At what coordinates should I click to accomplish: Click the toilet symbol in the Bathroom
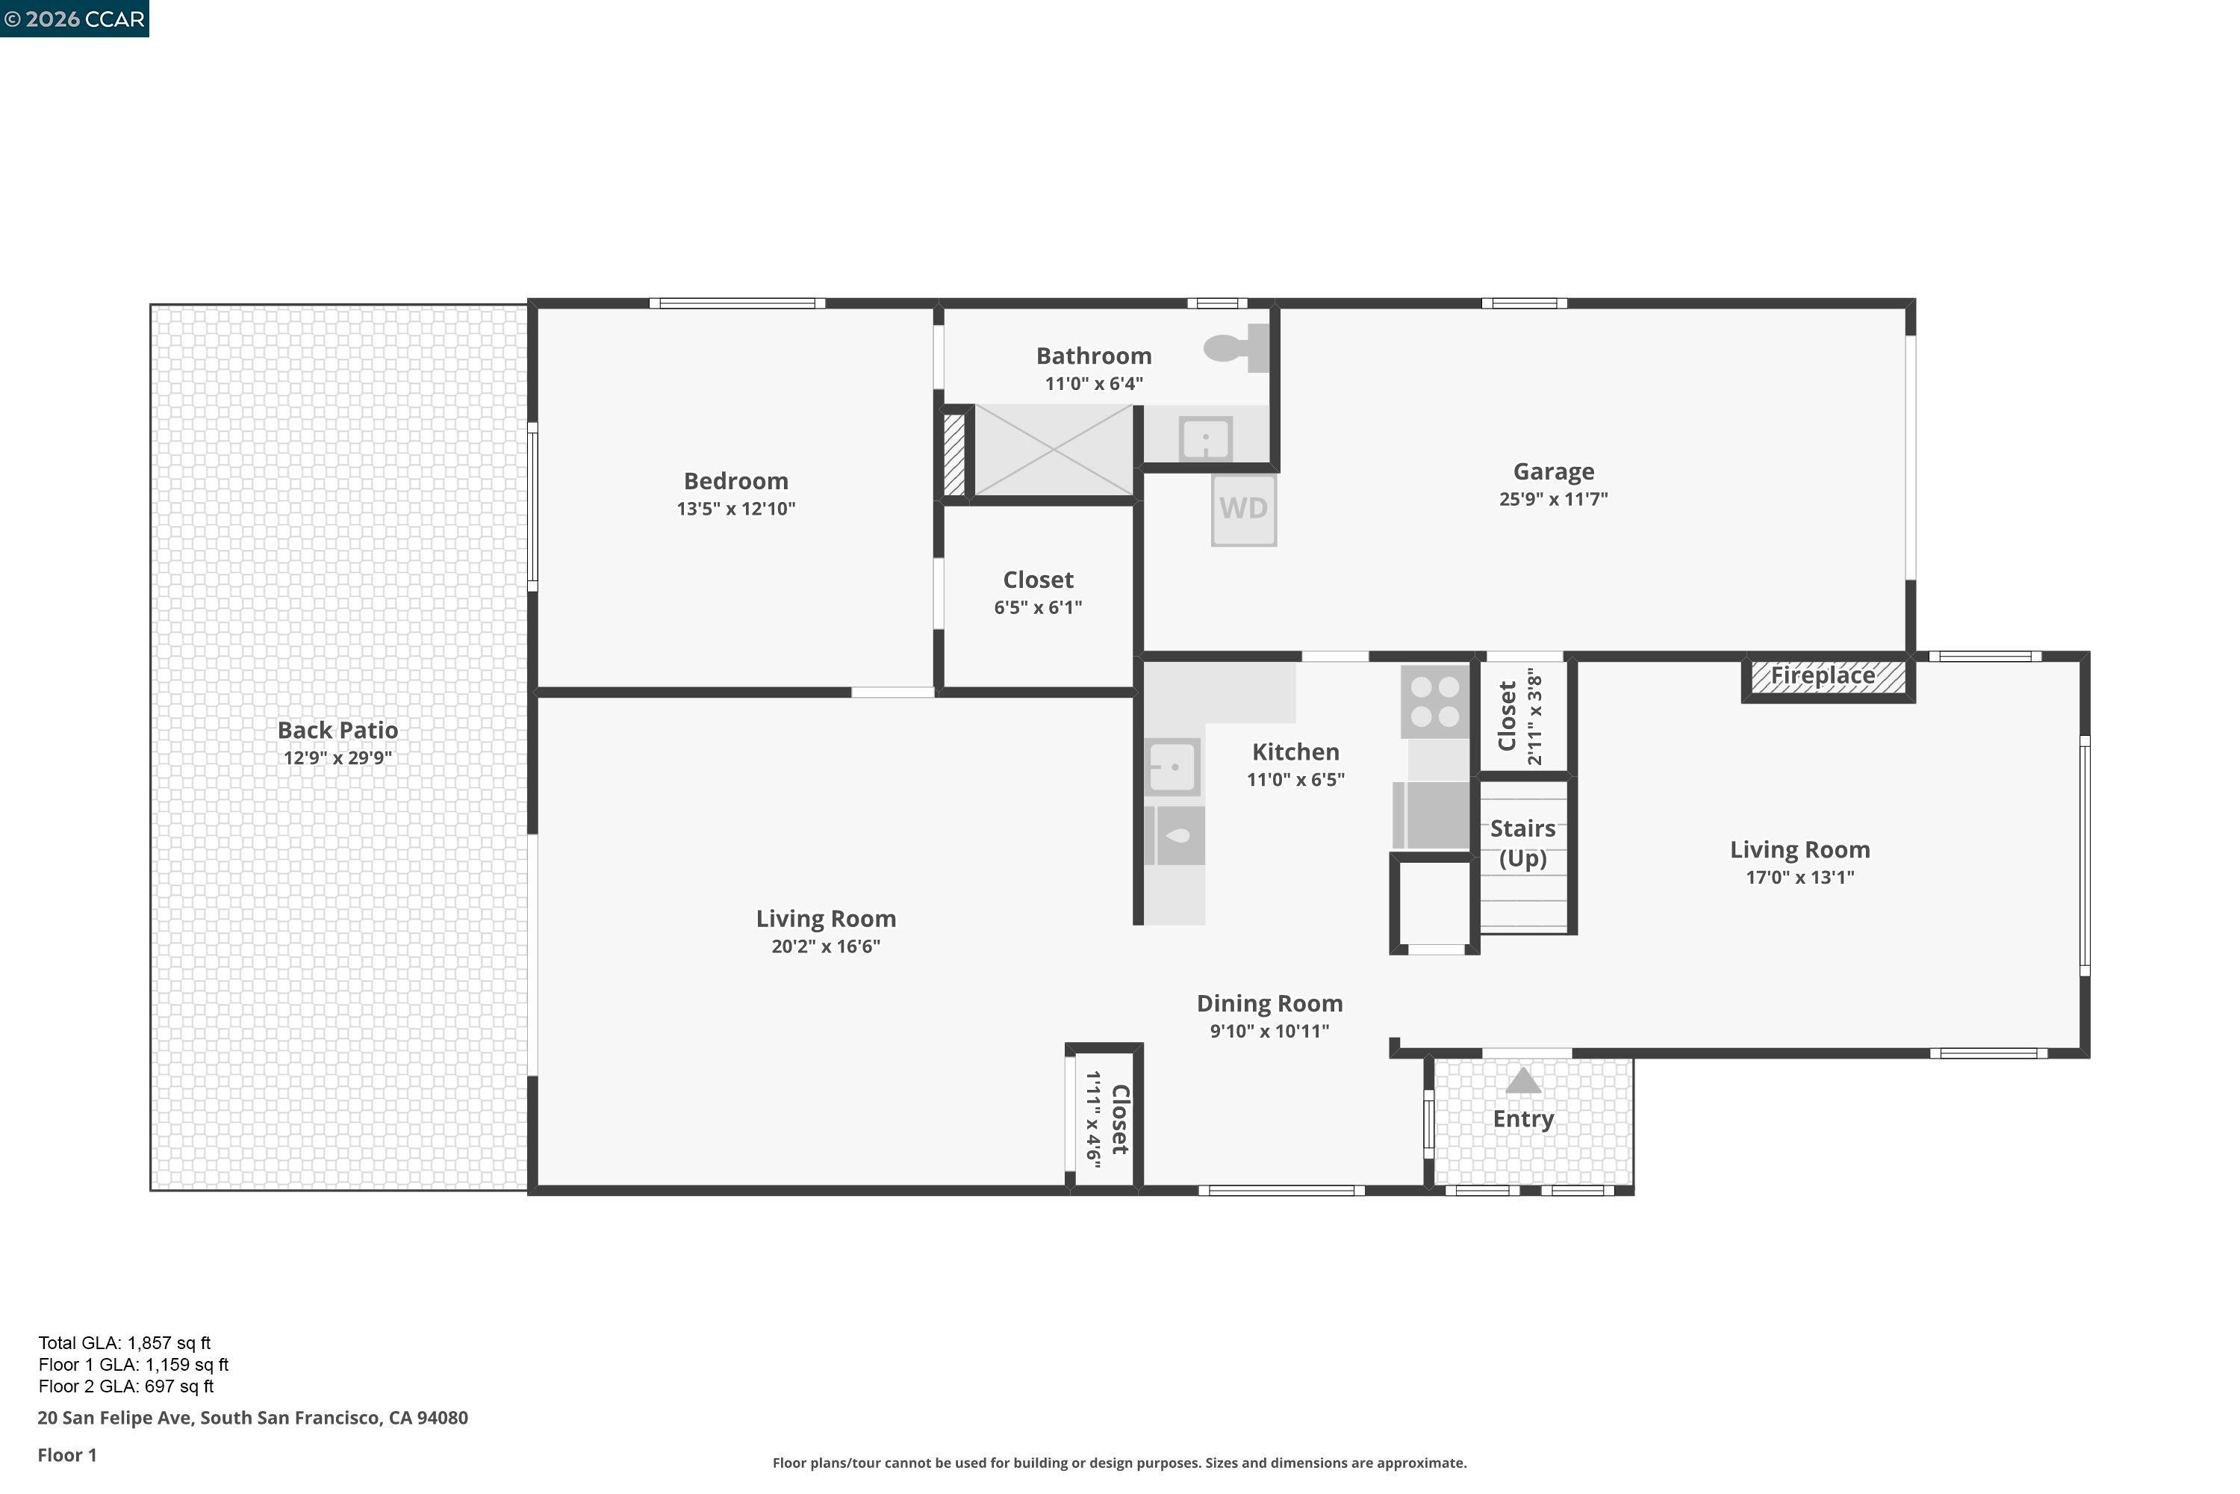pyautogui.click(x=1237, y=348)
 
